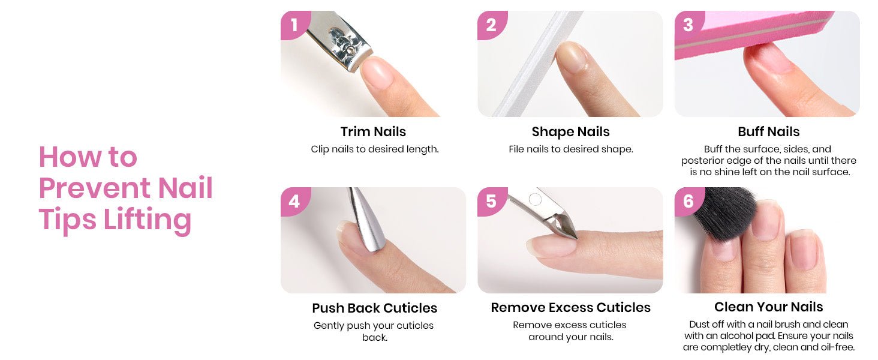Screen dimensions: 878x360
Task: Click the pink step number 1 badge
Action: click(294, 25)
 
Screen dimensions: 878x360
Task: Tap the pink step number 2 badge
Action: click(492, 25)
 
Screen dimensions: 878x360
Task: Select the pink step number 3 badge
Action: click(688, 25)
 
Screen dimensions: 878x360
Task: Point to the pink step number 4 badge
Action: click(294, 201)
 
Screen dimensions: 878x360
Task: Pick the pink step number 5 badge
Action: click(492, 201)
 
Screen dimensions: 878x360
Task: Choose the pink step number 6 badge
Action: click(688, 201)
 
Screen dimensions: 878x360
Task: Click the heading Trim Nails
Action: click(373, 132)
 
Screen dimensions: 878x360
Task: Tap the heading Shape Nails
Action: click(571, 132)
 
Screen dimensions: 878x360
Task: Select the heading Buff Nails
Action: click(769, 132)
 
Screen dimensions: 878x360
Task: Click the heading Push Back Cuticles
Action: click(374, 308)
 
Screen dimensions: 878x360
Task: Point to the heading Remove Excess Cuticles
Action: click(571, 308)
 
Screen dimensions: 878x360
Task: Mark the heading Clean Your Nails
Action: click(769, 307)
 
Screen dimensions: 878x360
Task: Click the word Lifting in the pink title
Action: click(148, 220)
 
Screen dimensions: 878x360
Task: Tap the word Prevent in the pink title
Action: click(95, 188)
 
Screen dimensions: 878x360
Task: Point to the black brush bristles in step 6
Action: click(725, 212)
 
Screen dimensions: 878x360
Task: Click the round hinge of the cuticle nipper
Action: click(535, 199)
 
